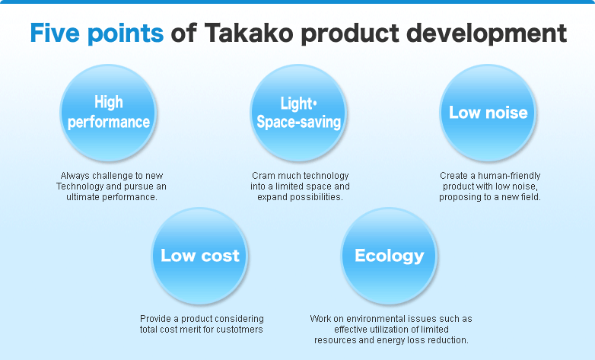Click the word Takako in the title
click(x=249, y=33)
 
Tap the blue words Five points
click(x=97, y=33)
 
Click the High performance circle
click(x=109, y=113)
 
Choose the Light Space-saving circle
click(x=298, y=113)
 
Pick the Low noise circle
click(x=488, y=113)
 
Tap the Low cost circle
click(x=200, y=256)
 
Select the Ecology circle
click(x=390, y=256)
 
